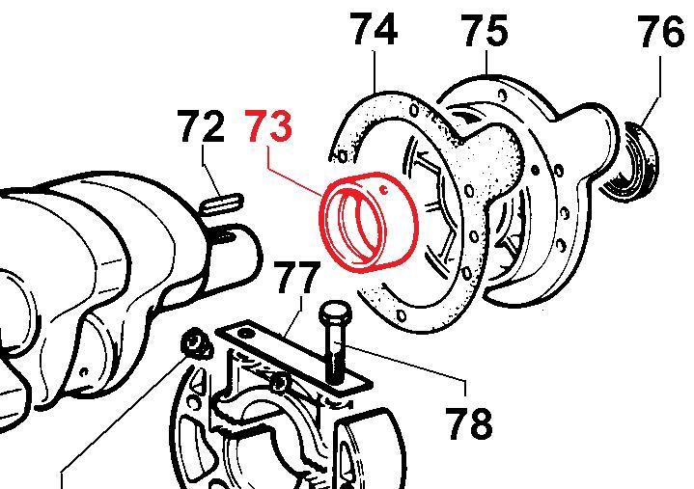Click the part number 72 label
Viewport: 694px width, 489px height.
201,126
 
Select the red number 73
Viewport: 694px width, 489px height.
269,126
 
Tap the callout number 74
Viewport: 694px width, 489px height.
374,29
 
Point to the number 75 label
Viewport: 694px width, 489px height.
485,31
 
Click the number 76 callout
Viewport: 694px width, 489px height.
661,32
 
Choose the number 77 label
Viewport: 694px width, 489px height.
296,278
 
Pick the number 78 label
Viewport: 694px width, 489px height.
468,423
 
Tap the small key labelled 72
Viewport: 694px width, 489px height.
221,204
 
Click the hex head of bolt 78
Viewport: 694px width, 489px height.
335,314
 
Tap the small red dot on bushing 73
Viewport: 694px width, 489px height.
384,191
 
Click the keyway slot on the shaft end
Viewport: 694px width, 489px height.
225,237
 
